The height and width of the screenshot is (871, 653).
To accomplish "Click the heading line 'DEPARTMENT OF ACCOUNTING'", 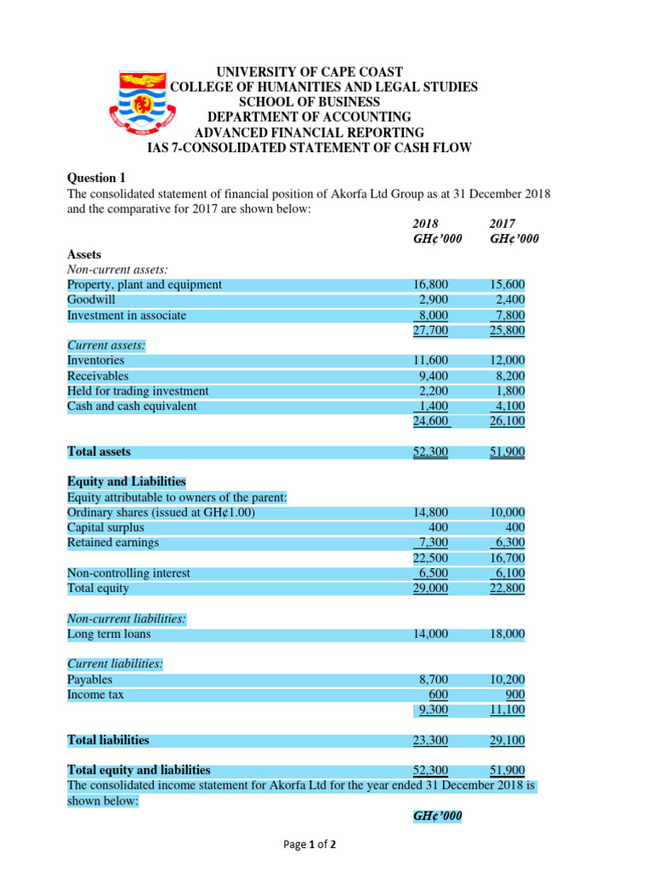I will [309, 117].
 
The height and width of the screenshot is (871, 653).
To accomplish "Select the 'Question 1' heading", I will [95, 178].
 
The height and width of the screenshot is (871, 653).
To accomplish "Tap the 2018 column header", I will [426, 223].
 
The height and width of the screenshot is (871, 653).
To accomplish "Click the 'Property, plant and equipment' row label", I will [145, 285].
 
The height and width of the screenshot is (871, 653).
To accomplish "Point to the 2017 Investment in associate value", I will [509, 316].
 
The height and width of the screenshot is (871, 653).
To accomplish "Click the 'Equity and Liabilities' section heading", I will [126, 481].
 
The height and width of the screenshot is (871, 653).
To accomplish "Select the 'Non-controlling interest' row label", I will [128, 573].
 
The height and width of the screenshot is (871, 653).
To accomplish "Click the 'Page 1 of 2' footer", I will [309, 845].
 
